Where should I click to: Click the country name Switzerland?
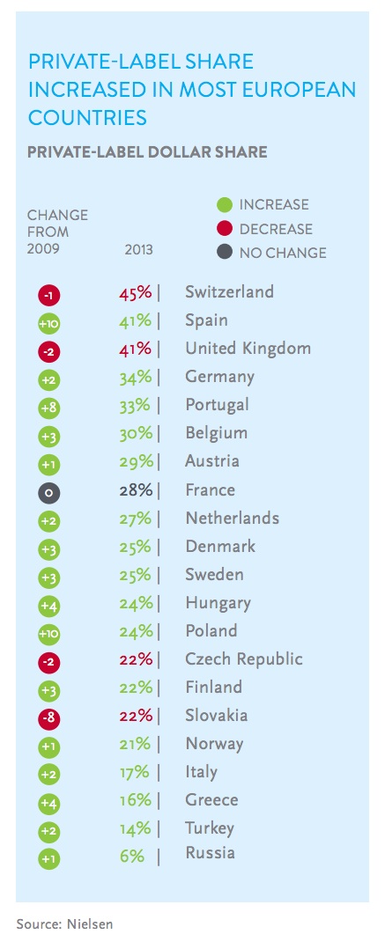(x=229, y=292)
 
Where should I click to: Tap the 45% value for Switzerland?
(x=136, y=292)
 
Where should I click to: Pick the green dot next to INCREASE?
(x=225, y=206)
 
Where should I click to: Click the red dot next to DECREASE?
(x=225, y=230)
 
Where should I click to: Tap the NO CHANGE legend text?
(x=283, y=254)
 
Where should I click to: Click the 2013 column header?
(x=138, y=250)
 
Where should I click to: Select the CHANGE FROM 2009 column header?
(x=57, y=232)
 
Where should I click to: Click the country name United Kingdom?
(x=248, y=349)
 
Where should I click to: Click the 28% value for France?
(x=136, y=490)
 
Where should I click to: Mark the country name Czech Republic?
(x=243, y=659)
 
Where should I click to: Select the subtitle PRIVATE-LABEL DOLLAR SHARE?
(x=147, y=152)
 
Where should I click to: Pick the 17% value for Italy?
(x=135, y=772)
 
